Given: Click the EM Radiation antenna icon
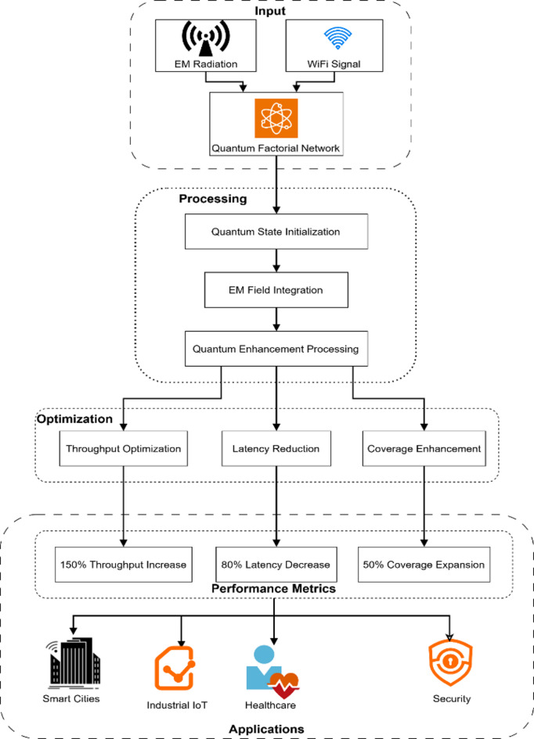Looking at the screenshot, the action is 206,38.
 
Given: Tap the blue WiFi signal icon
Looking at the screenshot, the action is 337,38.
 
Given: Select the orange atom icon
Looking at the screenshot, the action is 276,118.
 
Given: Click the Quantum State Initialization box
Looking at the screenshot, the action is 276,231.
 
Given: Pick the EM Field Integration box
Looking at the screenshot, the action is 276,290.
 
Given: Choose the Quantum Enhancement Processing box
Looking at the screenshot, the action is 276,349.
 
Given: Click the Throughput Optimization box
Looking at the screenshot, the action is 123,448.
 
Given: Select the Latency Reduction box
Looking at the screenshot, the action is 276,448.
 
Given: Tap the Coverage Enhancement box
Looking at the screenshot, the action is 424,448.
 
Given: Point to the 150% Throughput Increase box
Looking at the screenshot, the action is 123,564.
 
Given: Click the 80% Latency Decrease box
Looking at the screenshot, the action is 276,564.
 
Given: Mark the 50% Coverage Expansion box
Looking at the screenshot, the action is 424,564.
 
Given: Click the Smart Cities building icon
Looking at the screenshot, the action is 73,664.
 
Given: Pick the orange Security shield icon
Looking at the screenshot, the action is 450,662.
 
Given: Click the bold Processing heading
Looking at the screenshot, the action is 213,199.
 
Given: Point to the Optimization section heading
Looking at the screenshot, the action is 74,419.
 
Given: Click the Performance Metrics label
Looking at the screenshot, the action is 273,589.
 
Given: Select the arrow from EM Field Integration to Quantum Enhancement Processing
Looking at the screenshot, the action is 276,320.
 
